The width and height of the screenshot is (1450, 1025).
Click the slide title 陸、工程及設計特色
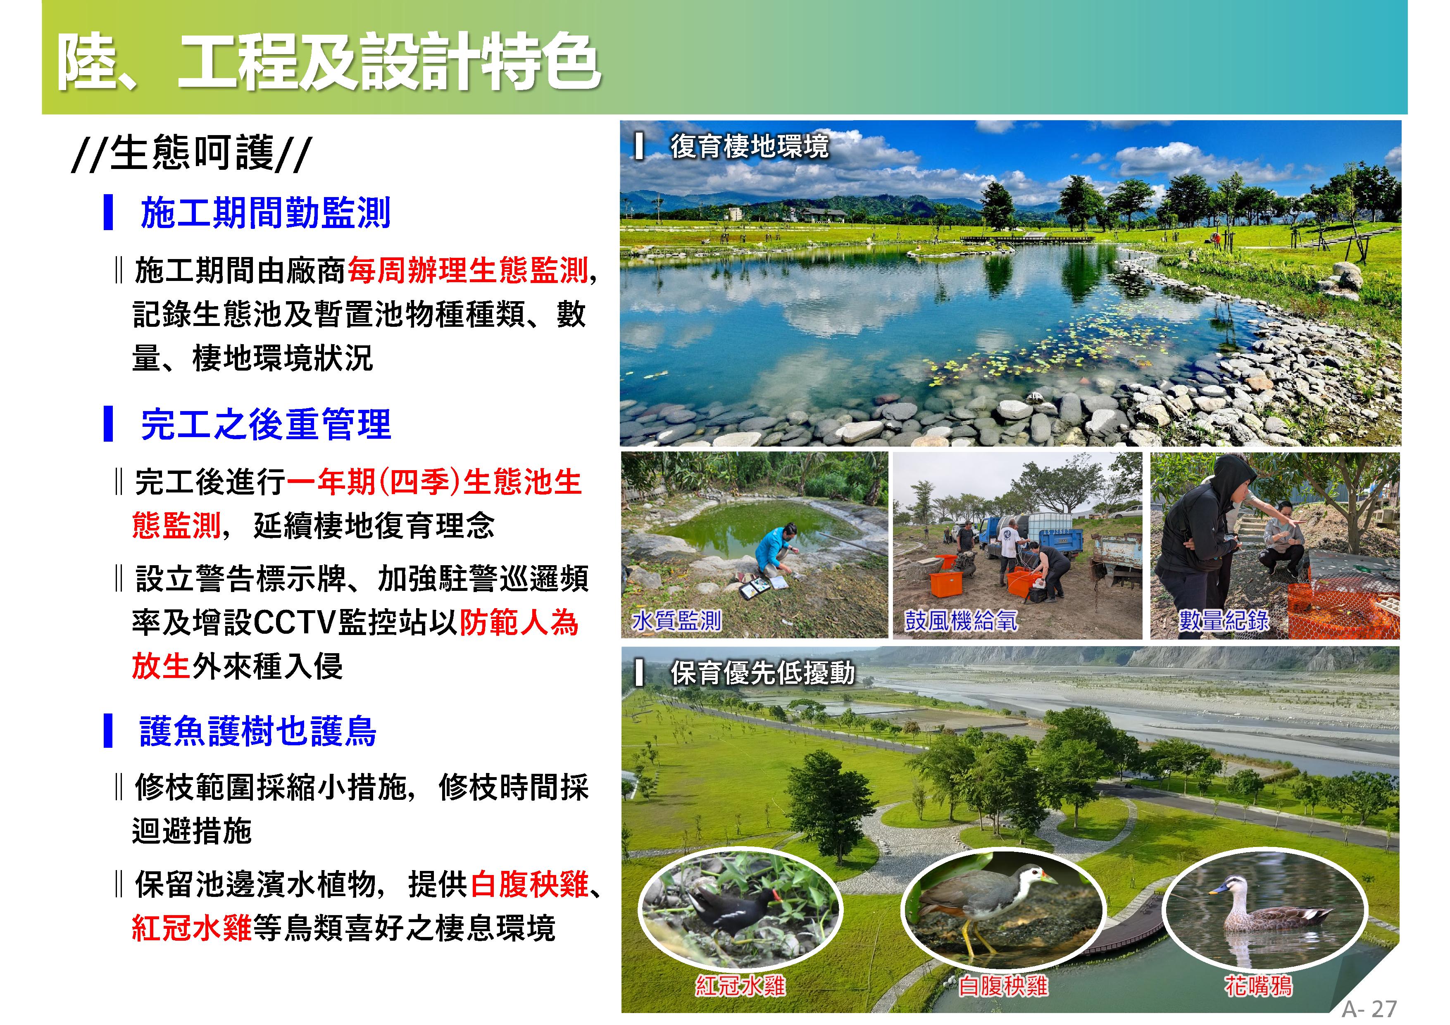[x=329, y=61]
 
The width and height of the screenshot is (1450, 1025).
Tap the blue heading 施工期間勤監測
[x=265, y=212]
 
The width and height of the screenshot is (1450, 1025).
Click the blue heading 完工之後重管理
[x=265, y=424]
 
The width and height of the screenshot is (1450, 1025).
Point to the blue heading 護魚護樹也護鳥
[x=258, y=731]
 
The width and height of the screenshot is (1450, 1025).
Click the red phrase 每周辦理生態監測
[x=468, y=270]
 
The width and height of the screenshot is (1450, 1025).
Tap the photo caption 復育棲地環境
[x=749, y=146]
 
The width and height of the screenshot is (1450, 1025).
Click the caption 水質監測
[x=676, y=620]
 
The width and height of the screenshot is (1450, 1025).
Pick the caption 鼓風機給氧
[x=961, y=620]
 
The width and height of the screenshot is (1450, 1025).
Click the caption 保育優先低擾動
[x=762, y=673]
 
